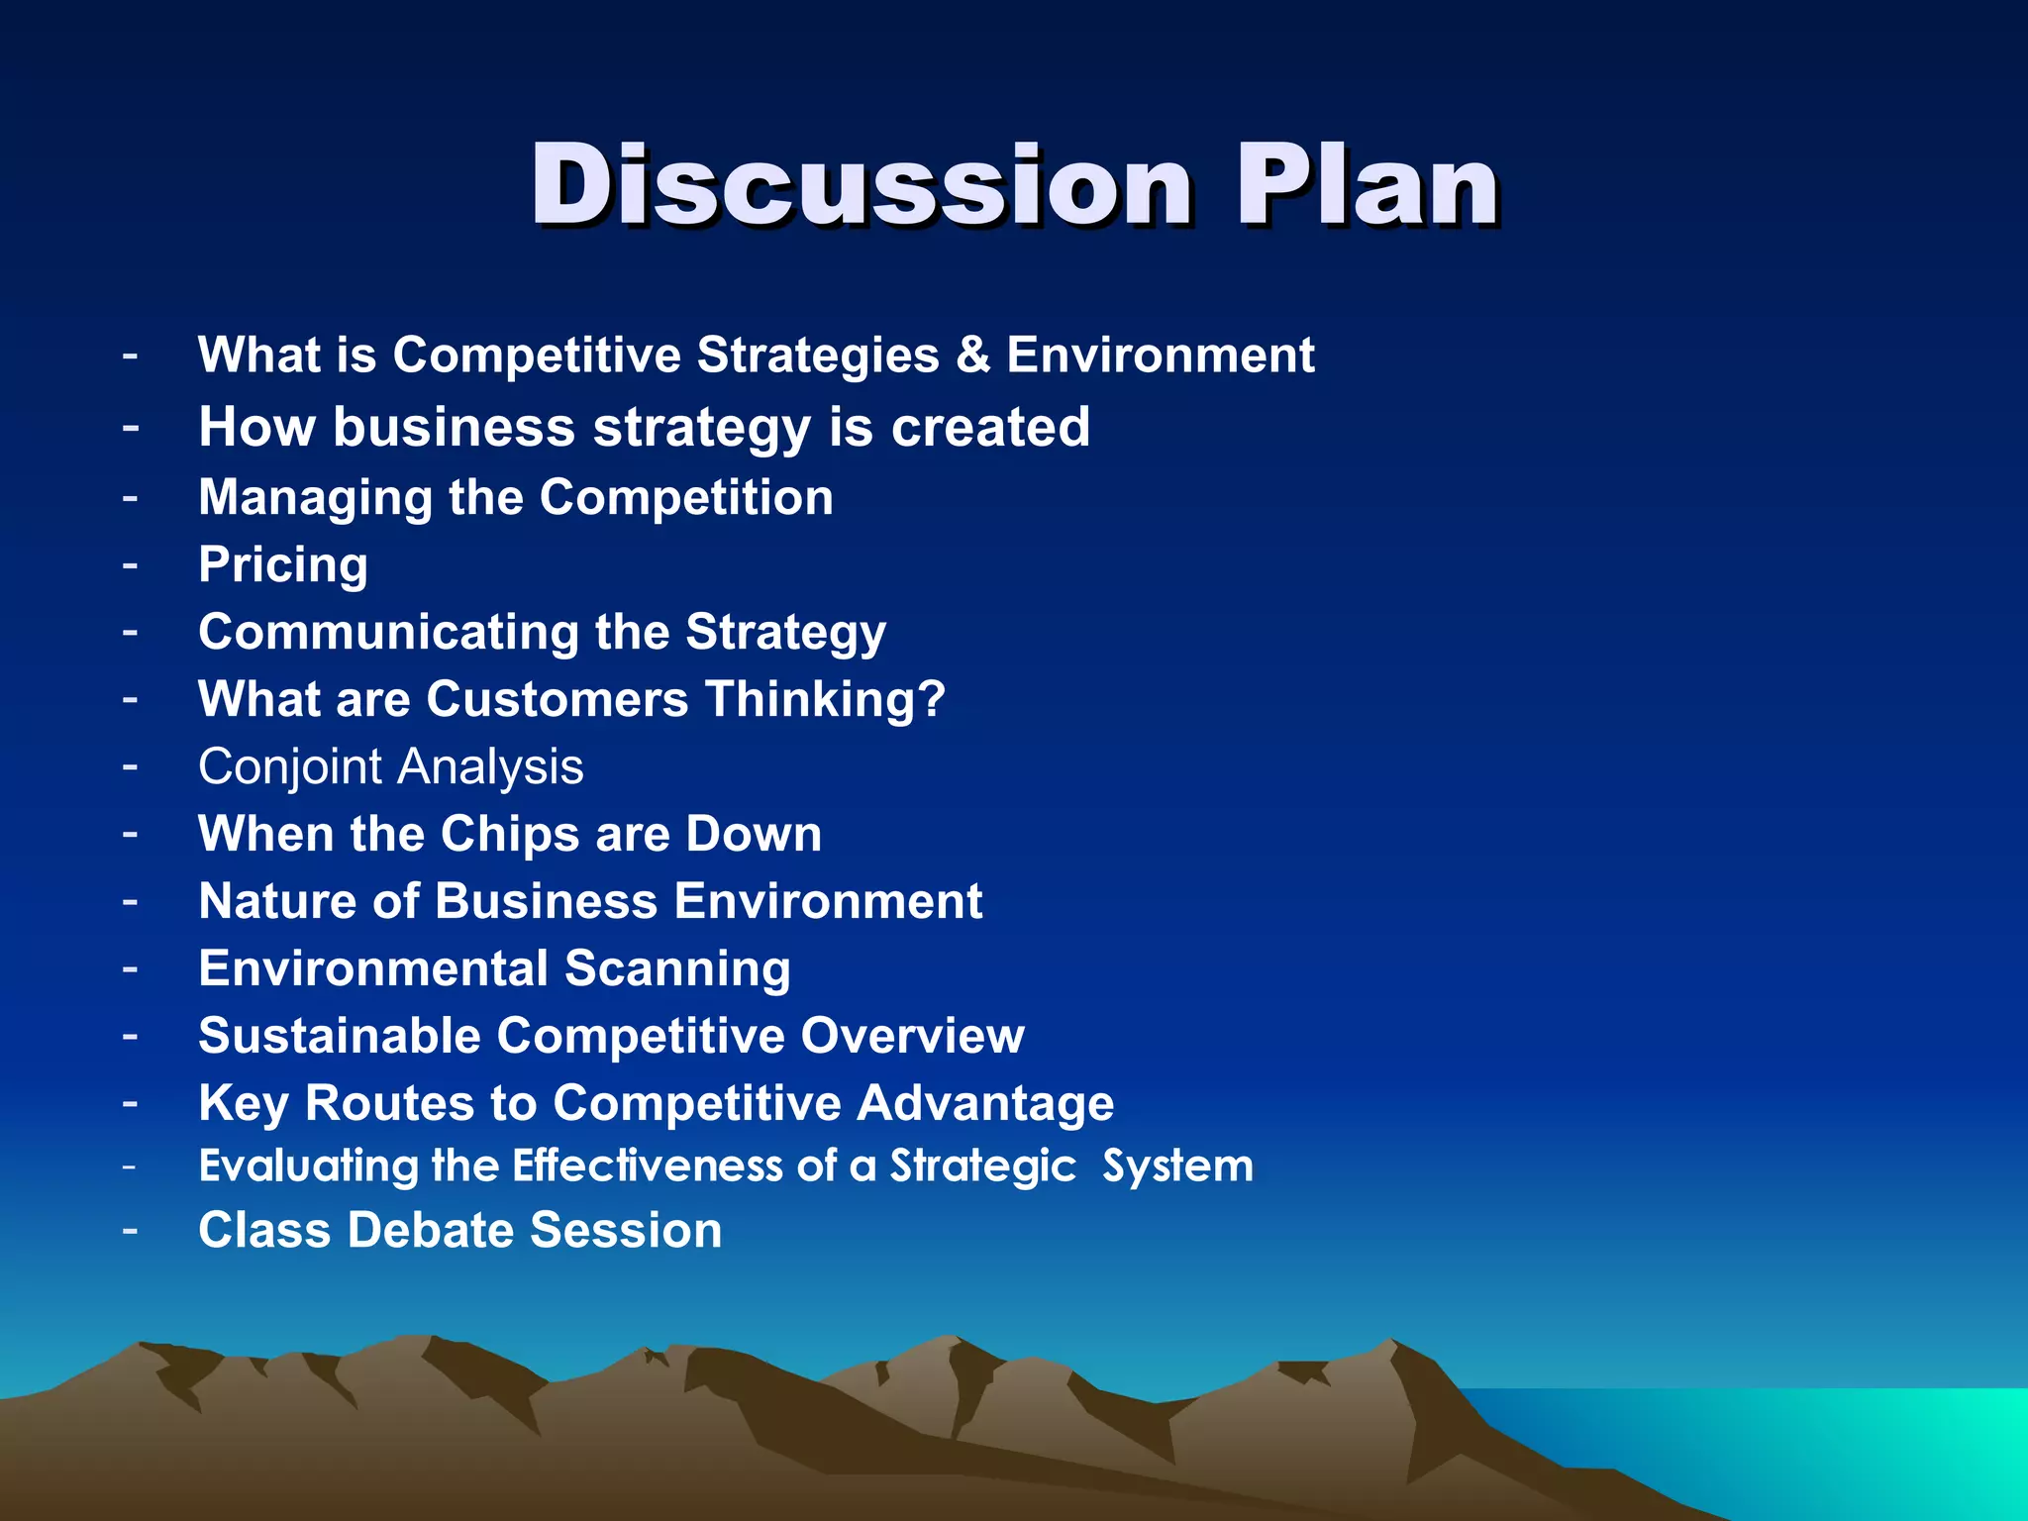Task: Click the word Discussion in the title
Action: click(x=860, y=185)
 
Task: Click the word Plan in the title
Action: click(x=1367, y=185)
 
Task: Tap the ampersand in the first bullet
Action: click(x=972, y=355)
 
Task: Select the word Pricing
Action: click(x=283, y=565)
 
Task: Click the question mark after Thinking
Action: click(x=931, y=699)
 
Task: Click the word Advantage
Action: click(x=985, y=1104)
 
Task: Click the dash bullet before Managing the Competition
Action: click(x=130, y=495)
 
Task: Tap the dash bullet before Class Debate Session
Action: click(x=130, y=1229)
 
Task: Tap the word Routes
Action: click(x=389, y=1103)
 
